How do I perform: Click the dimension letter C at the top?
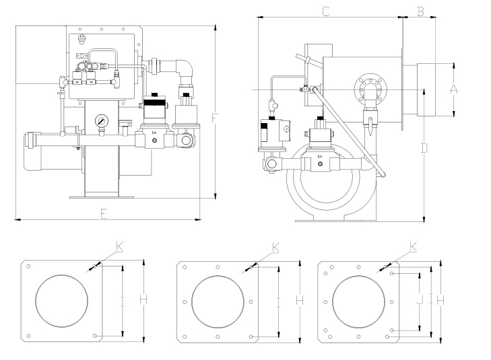point(326,11)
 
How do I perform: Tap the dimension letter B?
point(420,11)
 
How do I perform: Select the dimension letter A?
point(453,89)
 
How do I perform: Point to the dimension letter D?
point(424,148)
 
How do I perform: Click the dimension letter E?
point(104,214)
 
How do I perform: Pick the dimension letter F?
point(214,118)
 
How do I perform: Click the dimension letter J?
point(420,300)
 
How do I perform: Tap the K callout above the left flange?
point(120,247)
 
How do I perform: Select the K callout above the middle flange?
point(275,248)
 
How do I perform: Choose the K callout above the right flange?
point(414,247)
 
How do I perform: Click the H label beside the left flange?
point(143,299)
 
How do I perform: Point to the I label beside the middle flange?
point(279,302)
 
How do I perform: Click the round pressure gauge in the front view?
point(102,120)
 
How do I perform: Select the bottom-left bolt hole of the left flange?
point(28,336)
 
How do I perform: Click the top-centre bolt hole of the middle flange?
point(218,267)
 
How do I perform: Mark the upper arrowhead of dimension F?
point(215,28)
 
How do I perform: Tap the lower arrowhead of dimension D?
point(424,219)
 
